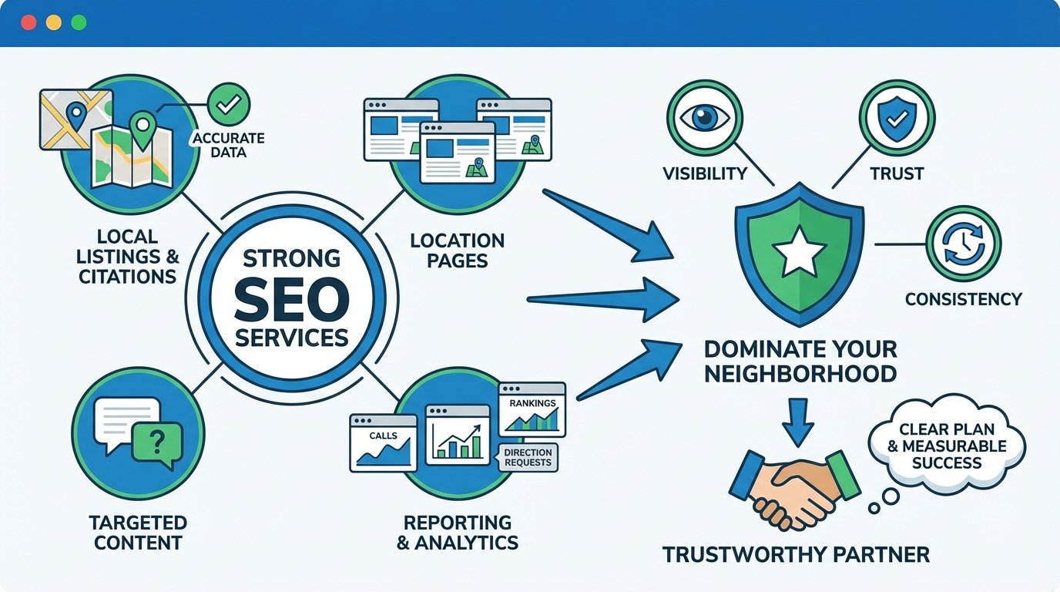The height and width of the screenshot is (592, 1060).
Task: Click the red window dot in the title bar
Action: point(29,22)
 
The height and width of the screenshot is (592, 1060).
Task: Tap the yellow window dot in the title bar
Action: point(53,22)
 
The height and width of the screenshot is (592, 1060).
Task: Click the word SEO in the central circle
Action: point(291,301)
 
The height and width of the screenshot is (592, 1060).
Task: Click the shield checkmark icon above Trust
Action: point(897,118)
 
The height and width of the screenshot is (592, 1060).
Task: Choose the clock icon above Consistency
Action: point(963,244)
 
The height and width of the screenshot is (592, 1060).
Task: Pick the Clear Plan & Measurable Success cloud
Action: point(946,446)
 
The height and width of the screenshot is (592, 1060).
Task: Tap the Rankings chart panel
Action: point(532,411)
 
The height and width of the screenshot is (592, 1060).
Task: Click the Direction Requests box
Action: point(528,457)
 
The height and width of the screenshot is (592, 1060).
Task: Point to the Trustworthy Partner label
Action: point(796,553)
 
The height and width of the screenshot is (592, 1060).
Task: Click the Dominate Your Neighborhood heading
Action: point(800,361)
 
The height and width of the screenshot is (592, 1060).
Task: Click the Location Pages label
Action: point(458,251)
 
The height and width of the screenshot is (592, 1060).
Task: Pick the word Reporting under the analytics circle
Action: point(458,523)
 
